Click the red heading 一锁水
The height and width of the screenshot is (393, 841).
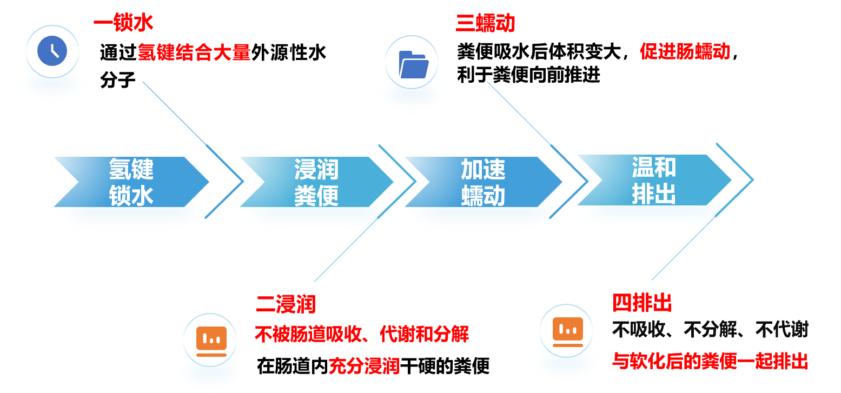tap(123, 23)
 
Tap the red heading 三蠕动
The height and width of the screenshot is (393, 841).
tap(485, 23)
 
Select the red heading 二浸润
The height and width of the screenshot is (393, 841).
tap(286, 304)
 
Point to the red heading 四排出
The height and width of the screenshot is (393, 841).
tap(642, 303)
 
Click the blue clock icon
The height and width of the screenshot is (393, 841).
tap(52, 51)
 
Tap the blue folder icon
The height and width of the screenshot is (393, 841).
tap(413, 64)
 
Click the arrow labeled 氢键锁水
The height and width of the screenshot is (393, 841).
tap(131, 182)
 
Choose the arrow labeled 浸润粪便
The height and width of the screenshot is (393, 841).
tap(316, 182)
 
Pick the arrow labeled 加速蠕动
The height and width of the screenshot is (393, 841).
tap(483, 182)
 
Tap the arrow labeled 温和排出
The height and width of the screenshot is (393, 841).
tap(654, 180)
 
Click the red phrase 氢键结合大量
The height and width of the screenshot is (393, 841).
tap(194, 52)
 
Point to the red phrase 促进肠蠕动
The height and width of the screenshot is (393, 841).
tap(685, 51)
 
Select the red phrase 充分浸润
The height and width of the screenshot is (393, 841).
tap(364, 366)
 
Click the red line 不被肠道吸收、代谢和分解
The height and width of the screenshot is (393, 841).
tap(362, 334)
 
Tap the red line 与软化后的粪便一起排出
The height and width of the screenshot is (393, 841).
tap(710, 362)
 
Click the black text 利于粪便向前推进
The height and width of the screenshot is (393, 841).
tap(528, 75)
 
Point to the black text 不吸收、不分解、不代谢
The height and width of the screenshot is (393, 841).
tap(710, 330)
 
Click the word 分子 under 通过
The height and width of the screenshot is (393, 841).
tap(117, 79)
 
